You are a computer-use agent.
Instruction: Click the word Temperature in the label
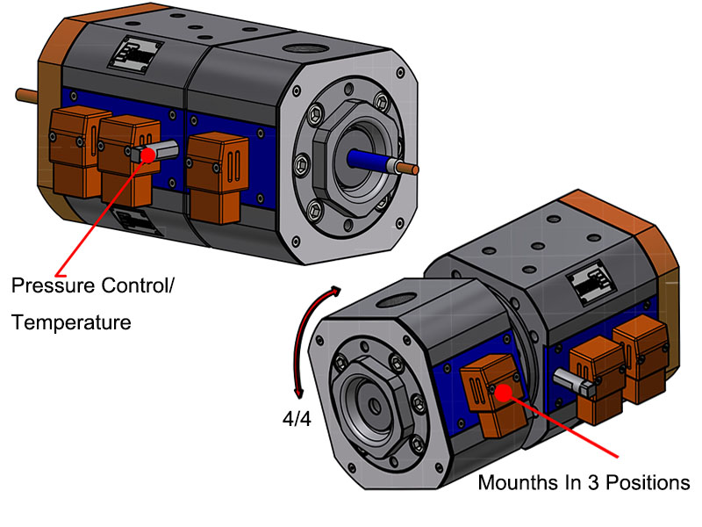pos(71,322)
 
